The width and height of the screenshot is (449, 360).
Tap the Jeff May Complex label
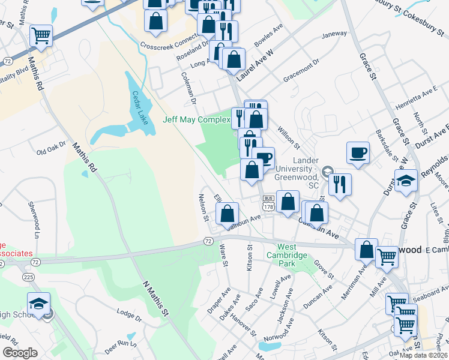click(197, 119)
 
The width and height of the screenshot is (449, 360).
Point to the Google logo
click(20, 353)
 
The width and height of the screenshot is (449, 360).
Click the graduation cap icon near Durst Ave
click(406, 180)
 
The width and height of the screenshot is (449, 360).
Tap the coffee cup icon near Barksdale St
click(358, 152)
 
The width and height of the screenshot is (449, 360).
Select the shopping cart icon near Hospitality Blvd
click(41, 35)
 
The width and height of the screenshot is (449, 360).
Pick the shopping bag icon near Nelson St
click(228, 213)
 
